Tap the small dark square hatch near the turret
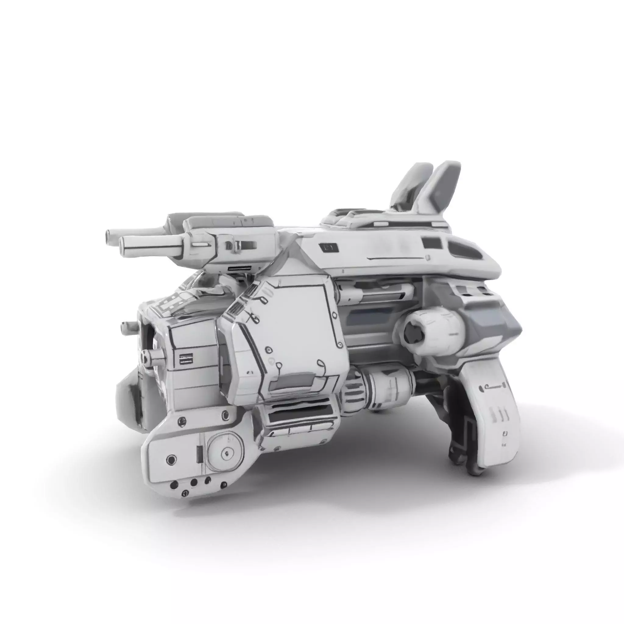[329, 248]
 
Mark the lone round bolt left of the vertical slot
[172, 459]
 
